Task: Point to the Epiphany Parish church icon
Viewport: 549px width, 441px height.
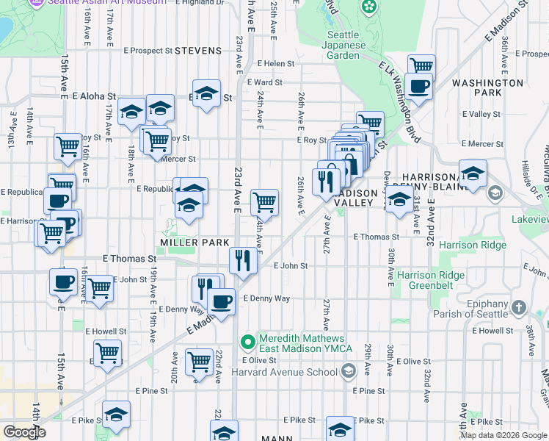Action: click(x=518, y=306)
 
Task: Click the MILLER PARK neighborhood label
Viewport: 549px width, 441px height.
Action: click(x=191, y=243)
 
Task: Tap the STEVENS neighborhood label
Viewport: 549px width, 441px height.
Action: click(x=198, y=51)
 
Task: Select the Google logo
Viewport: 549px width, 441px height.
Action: click(x=23, y=432)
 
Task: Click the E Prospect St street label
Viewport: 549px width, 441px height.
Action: click(x=148, y=51)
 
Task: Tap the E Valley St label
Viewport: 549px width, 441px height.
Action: click(x=482, y=114)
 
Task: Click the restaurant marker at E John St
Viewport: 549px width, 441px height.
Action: click(x=243, y=262)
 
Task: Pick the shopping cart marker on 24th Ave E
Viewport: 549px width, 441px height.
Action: click(x=264, y=201)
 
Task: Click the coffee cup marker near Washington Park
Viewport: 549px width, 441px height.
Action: click(x=419, y=87)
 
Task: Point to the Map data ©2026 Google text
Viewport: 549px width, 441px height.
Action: click(x=503, y=435)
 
